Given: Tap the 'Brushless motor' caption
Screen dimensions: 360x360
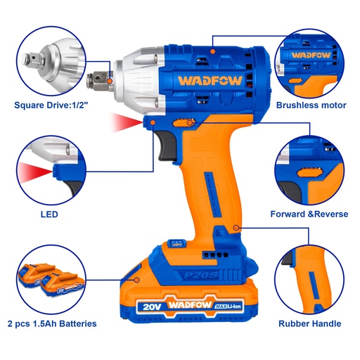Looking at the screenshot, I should pyautogui.click(x=311, y=106).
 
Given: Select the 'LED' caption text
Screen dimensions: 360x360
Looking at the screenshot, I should pyautogui.click(x=49, y=214).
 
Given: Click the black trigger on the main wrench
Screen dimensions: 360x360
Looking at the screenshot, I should pyautogui.click(x=167, y=145).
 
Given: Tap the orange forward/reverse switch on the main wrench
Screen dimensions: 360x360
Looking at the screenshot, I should pyautogui.click(x=186, y=124).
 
